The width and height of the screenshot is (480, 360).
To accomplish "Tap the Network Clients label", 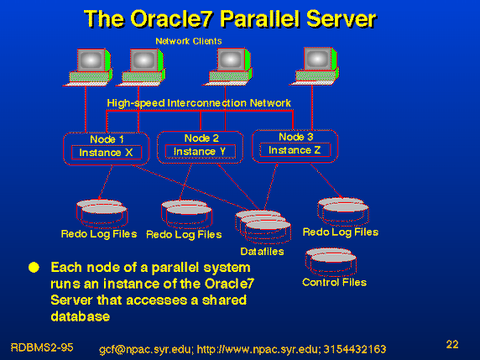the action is [189, 41].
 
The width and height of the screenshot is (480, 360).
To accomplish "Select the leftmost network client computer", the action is [88, 67].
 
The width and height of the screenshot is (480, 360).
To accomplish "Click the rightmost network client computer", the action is [315, 66].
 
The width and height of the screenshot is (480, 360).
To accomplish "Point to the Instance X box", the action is [107, 153].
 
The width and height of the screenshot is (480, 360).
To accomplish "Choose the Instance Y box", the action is [201, 152].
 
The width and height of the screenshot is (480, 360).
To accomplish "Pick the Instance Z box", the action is [295, 150].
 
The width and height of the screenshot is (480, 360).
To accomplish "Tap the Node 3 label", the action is [296, 137].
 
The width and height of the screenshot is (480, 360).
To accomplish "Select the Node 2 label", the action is [201, 138].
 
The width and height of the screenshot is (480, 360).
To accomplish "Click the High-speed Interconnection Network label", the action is [199, 103].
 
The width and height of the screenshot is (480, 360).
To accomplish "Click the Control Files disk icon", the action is [331, 262].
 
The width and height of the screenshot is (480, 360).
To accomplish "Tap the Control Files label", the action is [334, 282].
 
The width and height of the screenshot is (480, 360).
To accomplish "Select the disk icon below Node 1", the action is [102, 214].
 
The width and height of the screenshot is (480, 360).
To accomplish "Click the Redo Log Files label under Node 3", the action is [341, 232].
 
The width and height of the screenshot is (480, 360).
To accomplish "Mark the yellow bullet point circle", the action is [34, 267].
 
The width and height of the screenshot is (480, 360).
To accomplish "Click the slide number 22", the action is [452, 344].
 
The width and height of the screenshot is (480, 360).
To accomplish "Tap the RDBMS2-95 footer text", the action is [42, 347].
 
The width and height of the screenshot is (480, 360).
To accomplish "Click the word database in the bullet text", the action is [81, 316].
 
